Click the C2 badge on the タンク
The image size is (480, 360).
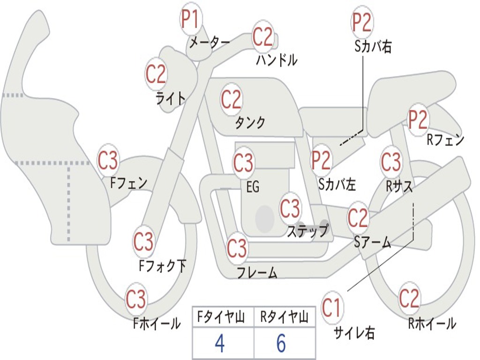(231, 100)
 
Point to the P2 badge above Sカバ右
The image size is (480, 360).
(362, 22)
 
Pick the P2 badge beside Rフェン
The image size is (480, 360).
(418, 120)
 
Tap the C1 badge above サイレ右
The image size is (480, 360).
(332, 308)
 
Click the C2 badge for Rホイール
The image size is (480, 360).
(409, 298)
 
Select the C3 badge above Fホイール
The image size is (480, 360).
(136, 300)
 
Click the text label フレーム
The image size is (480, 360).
(257, 273)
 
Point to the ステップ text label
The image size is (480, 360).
(307, 231)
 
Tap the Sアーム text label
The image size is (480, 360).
(373, 242)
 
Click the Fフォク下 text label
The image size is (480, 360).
(163, 266)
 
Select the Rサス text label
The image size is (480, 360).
(399, 186)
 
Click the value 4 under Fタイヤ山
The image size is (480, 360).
(219, 344)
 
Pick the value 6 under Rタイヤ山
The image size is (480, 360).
(281, 344)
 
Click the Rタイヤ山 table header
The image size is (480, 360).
(284, 318)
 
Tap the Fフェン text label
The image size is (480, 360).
(129, 183)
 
